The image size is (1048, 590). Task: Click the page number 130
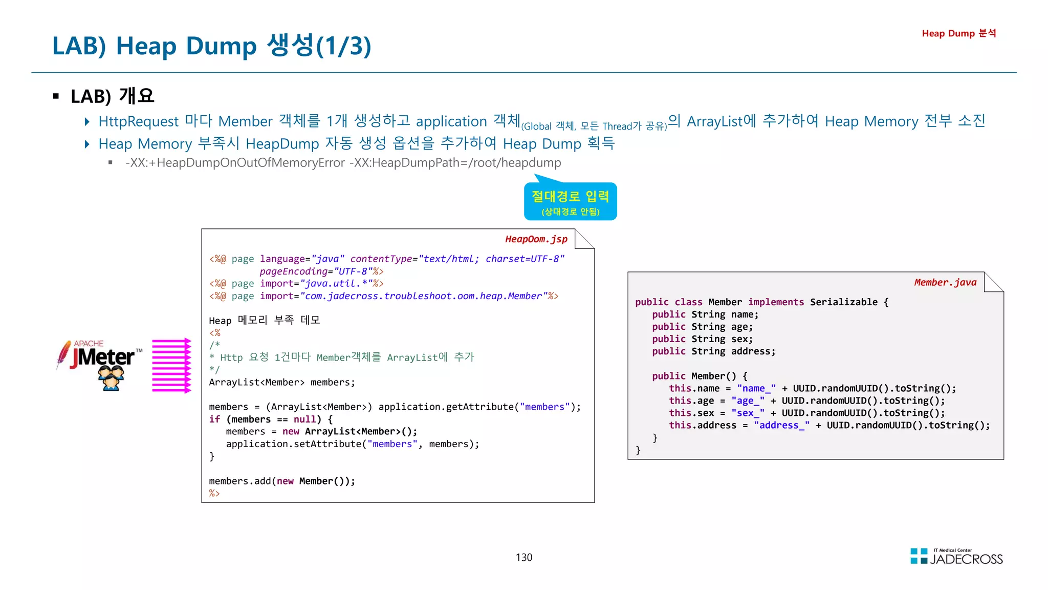pos(523,557)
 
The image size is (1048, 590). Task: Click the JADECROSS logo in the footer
pos(956,557)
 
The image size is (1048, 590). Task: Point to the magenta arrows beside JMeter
pos(171,365)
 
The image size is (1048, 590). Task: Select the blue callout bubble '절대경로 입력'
pos(570,201)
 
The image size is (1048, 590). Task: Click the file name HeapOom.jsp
pos(536,239)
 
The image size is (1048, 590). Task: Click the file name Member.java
pos(945,282)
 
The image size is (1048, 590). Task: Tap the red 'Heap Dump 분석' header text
pos(958,33)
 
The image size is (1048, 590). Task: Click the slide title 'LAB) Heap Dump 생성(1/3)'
pos(211,46)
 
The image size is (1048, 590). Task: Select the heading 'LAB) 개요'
pos(112,96)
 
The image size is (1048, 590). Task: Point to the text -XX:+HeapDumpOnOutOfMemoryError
pos(235,163)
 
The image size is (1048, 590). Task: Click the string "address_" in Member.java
pos(781,425)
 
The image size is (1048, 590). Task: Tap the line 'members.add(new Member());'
pos(281,481)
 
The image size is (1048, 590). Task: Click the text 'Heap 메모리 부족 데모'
pos(264,321)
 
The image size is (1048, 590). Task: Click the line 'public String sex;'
pos(702,339)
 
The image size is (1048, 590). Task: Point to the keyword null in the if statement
pos(304,419)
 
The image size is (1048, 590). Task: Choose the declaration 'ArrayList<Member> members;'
pos(281,382)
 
